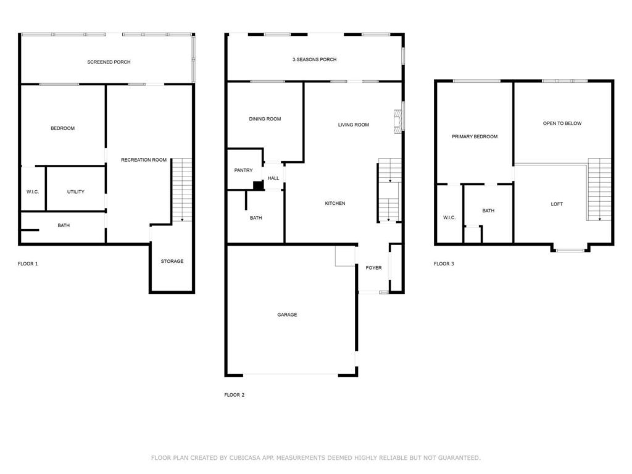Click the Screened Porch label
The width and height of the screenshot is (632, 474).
[109, 62]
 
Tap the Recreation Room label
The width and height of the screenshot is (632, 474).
[144, 160]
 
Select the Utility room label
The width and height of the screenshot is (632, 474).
[76, 192]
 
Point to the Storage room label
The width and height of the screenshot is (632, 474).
[172, 261]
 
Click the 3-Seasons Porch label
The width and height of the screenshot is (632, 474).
[314, 60]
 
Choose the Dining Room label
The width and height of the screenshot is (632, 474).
[265, 119]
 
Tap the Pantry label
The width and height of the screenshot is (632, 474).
[243, 170]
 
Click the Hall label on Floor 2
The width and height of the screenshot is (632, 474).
[273, 178]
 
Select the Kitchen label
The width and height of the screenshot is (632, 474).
[335, 204]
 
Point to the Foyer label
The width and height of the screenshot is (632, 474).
[373, 268]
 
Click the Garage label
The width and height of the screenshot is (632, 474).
[287, 315]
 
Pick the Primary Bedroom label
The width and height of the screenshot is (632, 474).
[475, 136]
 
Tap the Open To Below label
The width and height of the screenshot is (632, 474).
[562, 123]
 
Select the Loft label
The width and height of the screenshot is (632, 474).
[557, 204]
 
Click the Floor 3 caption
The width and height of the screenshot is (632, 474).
[444, 264]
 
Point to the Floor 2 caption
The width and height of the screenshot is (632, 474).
[234, 395]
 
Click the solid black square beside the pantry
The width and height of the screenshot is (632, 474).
[258, 185]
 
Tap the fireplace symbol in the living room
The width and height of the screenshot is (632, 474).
[398, 121]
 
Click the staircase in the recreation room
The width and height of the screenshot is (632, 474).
[182, 190]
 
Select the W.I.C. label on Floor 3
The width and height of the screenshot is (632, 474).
[449, 218]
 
